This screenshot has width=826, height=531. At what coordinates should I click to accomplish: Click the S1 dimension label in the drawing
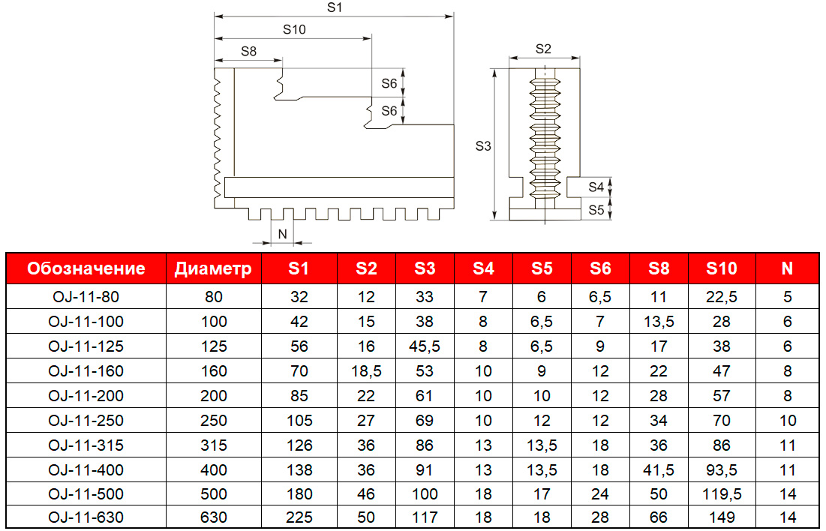tap(335, 7)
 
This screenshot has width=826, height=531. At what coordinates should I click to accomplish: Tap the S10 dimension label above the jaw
tap(294, 29)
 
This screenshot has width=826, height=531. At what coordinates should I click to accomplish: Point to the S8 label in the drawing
tap(248, 51)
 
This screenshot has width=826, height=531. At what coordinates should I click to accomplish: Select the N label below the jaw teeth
tap(282, 234)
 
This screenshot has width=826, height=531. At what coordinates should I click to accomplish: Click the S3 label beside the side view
tap(483, 146)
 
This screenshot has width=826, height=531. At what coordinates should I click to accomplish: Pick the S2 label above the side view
tap(543, 49)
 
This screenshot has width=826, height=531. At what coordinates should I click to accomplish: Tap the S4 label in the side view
tap(596, 187)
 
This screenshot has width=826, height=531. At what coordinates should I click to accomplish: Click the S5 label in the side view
tap(596, 210)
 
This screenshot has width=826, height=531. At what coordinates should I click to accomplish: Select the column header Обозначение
tap(86, 268)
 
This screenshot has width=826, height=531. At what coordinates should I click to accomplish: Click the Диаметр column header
tap(213, 268)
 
